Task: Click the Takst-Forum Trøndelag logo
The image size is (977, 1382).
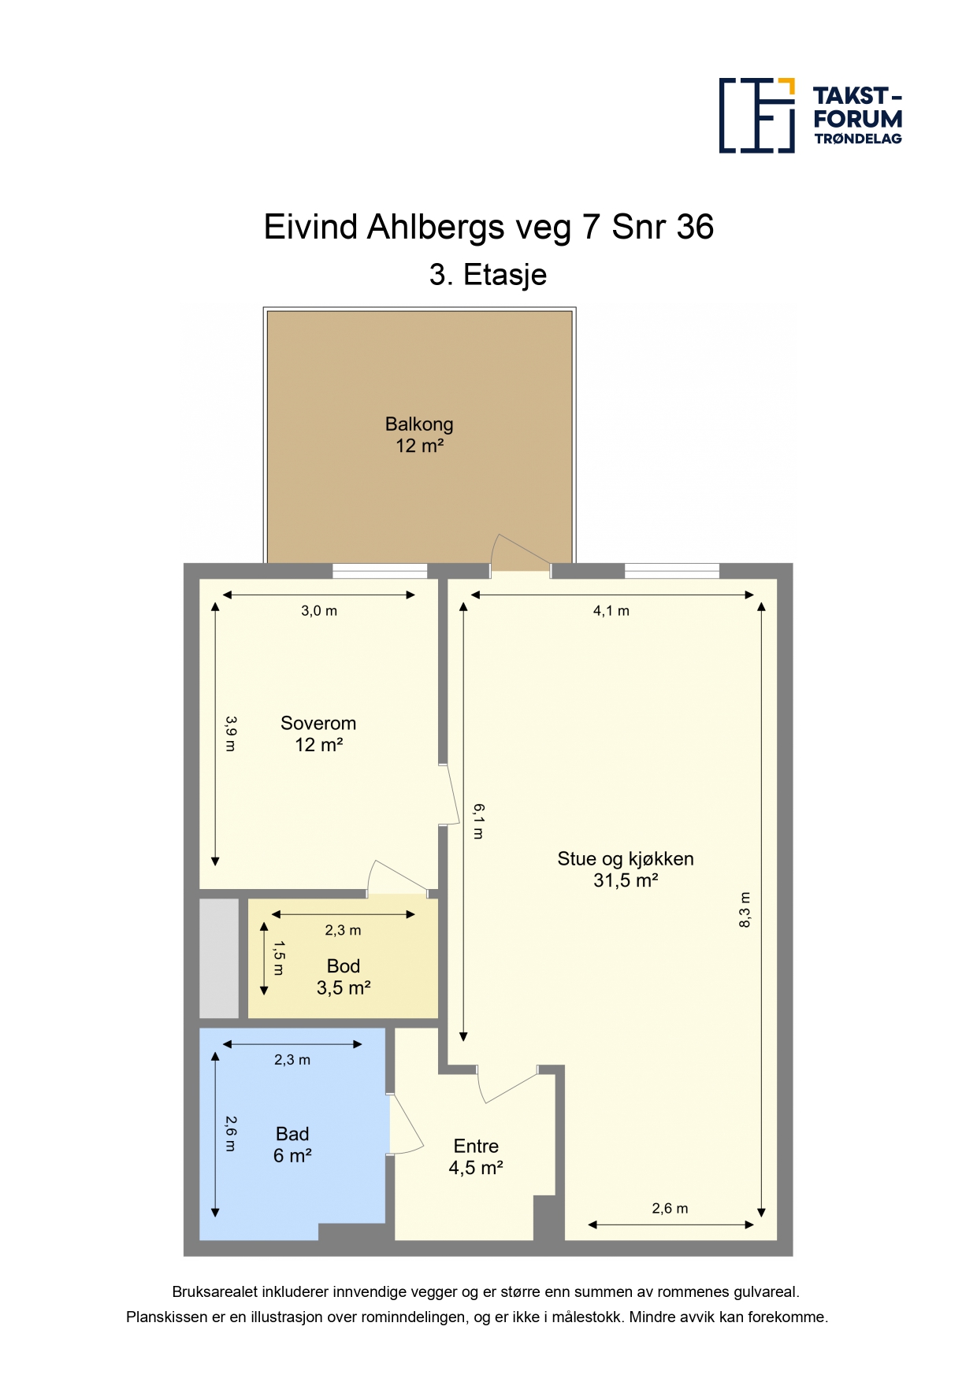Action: point(811,115)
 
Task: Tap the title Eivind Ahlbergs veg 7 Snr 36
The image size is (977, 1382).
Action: point(489,227)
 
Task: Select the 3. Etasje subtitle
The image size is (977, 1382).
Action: point(489,275)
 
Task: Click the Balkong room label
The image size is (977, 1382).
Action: point(419,435)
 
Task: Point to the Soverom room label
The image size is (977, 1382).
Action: point(318,734)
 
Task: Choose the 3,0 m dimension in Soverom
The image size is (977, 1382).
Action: point(319,611)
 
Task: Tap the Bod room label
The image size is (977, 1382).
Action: point(344,977)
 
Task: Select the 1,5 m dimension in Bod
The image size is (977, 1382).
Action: point(279,958)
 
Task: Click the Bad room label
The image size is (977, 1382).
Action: point(292,1145)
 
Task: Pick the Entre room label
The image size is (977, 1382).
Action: point(476,1157)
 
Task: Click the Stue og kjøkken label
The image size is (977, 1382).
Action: point(626,869)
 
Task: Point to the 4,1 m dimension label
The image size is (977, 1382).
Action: point(611,611)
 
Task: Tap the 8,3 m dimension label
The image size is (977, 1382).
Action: point(745,910)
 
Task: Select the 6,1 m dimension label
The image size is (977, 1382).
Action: point(478,821)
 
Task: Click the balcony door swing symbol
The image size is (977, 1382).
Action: point(521,551)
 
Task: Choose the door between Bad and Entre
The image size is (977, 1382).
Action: point(405,1124)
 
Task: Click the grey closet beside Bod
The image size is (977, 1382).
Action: point(219,958)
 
